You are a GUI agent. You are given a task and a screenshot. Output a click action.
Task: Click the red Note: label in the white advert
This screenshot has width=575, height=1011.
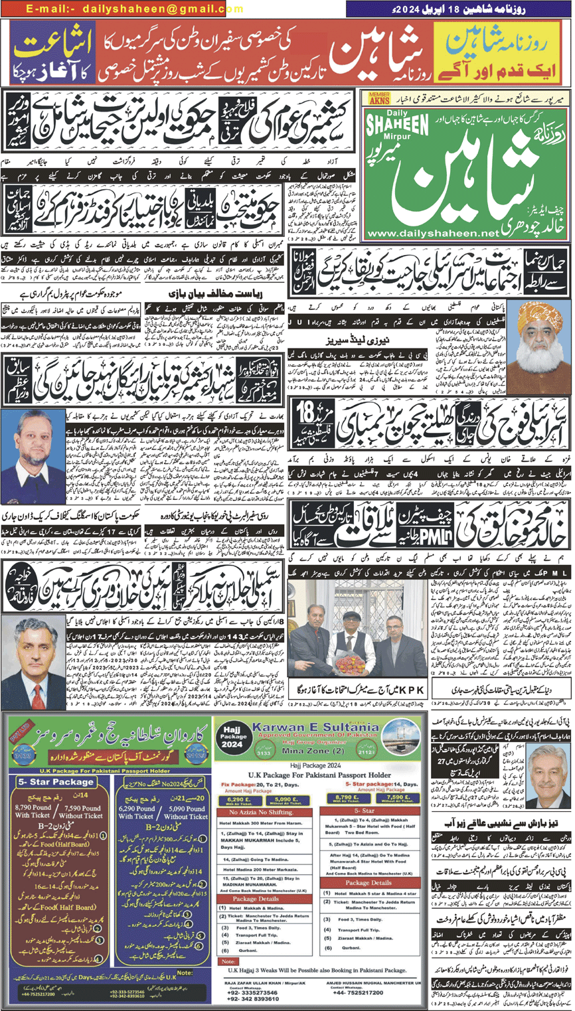229,961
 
